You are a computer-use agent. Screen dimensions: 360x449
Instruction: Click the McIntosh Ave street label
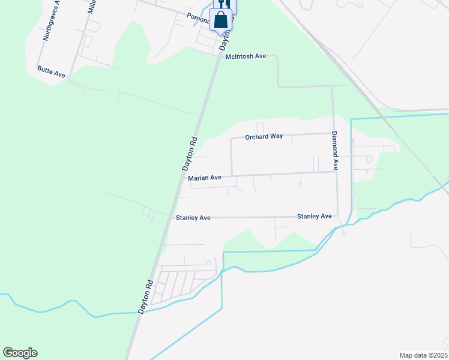point(246,56)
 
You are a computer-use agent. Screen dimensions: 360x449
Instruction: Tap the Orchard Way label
point(264,137)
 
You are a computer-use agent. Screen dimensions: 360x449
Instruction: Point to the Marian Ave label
point(205,178)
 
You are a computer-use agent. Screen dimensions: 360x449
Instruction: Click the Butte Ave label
point(51,70)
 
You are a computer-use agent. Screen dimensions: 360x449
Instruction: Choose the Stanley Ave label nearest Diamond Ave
point(315,216)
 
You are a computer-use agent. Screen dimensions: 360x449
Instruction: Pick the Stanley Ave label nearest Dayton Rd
point(193,218)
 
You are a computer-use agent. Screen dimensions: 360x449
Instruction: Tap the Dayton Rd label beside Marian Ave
point(190,154)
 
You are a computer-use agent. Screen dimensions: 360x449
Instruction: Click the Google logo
point(20,353)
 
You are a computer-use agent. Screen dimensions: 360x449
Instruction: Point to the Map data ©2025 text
point(423,355)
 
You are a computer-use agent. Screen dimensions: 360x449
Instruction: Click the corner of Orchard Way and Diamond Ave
point(332,133)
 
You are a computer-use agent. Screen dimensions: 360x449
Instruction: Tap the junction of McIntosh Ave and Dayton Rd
point(217,56)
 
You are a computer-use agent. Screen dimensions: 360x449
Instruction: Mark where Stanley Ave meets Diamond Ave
point(338,216)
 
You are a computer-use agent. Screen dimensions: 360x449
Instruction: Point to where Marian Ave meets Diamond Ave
point(335,172)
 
